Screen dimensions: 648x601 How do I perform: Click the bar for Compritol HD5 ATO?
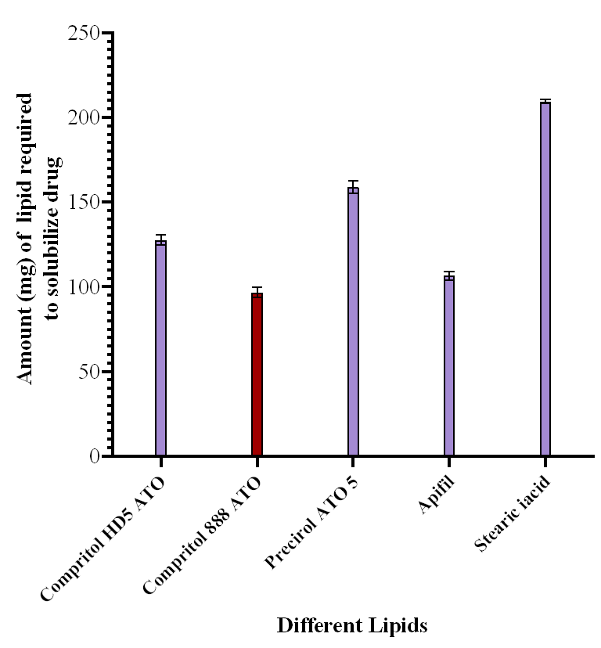[x=160, y=348]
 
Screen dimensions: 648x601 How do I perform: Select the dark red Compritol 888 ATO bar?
[x=257, y=374]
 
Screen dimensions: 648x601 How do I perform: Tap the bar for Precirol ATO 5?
[x=353, y=321]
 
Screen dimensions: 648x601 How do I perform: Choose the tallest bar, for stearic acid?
[x=545, y=279]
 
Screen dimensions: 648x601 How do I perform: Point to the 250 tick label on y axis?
[x=83, y=34]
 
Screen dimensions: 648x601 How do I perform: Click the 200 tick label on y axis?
[x=83, y=118]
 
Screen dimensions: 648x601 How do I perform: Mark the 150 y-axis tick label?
[x=83, y=203]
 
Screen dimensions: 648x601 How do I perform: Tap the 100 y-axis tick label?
[x=83, y=287]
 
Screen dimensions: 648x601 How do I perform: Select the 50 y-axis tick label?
[x=88, y=372]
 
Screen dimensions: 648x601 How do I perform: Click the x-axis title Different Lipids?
[x=352, y=625]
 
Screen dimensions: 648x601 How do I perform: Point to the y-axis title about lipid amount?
[x=37, y=239]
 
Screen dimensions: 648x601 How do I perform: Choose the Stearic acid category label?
[x=513, y=512]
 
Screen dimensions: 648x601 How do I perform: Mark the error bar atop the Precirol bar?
[x=353, y=186]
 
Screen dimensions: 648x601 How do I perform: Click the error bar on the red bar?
[x=257, y=292]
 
